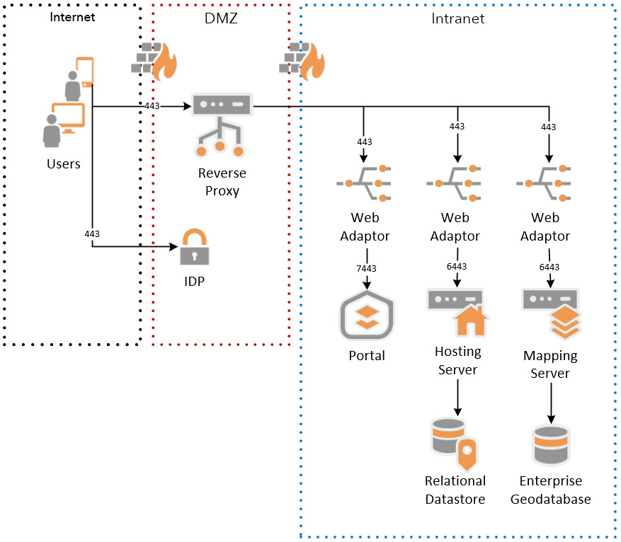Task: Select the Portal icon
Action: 366,315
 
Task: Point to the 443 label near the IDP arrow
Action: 92,233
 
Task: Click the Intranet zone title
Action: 457,19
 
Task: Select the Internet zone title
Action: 72,17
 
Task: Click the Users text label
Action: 64,164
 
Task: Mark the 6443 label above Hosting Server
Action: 458,267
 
